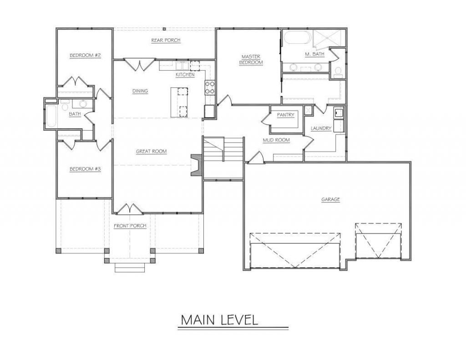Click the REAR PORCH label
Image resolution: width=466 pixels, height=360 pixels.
coord(166,40)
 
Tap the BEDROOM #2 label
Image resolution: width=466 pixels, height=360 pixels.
coord(85,55)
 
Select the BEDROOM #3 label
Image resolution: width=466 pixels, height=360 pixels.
coord(85,169)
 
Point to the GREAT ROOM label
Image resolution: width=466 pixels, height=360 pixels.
coord(151,151)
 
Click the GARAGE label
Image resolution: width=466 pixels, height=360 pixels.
coord(330,199)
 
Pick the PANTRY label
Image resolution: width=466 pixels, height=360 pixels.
coord(286,115)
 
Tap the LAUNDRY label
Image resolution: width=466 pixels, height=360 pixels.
coord(321,128)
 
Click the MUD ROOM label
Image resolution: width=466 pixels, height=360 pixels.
coord(276,140)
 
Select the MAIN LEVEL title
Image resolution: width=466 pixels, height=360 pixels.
coord(219,320)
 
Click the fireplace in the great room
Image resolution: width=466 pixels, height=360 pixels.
coord(197,165)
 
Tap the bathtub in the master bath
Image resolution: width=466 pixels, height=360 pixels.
coord(297,37)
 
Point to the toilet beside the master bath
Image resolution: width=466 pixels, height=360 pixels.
coord(338,71)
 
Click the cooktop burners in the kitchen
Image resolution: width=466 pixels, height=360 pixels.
coord(210,88)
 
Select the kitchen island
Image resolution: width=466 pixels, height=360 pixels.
coord(179,102)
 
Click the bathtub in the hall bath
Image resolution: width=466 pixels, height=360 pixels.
coord(51,116)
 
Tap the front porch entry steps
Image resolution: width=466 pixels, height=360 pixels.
coord(130,268)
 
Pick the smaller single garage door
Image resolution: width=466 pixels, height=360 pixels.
coord(378,240)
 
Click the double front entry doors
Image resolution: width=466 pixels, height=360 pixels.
coord(129,209)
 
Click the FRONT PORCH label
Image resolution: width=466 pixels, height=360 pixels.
coord(130,226)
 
